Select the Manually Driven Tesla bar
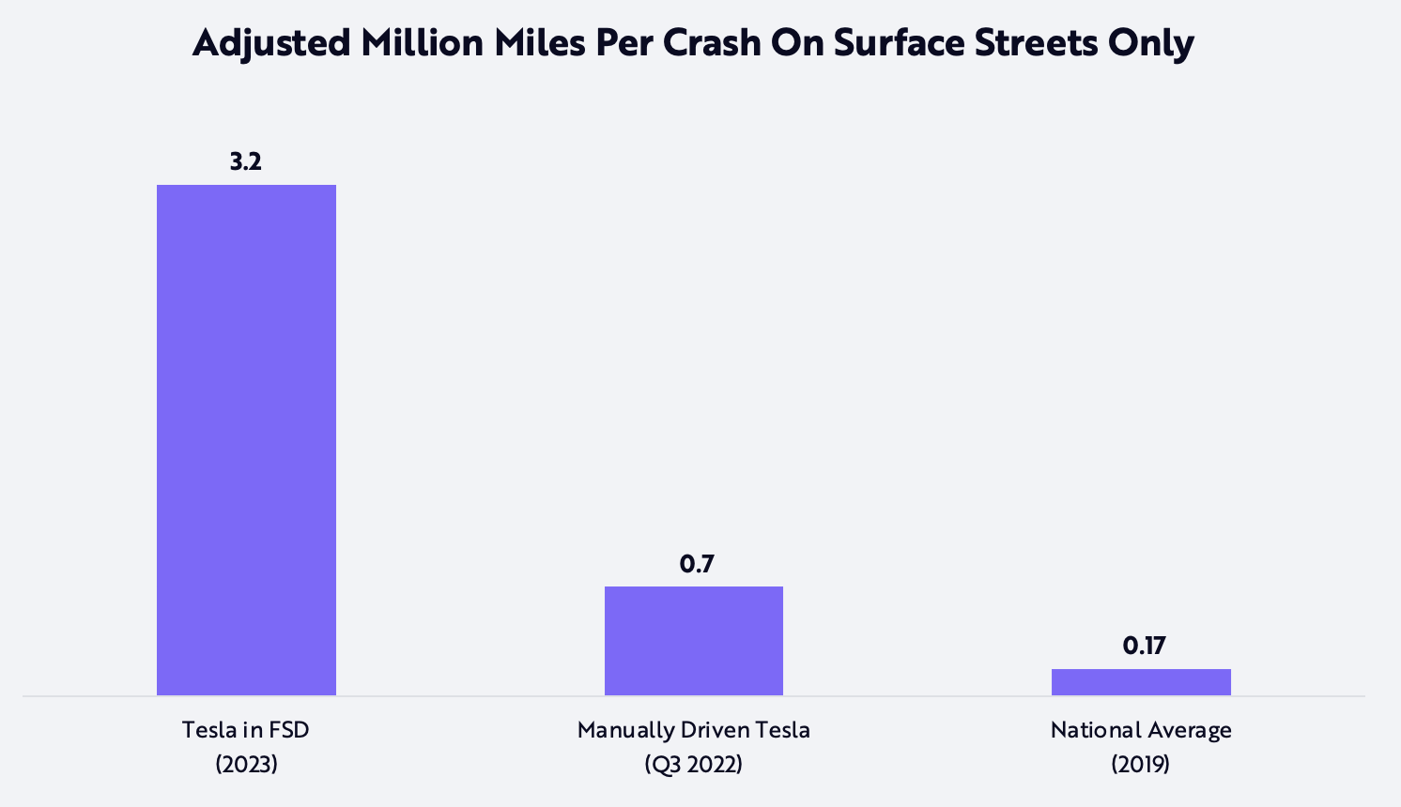pyautogui.click(x=693, y=641)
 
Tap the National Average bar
pyautogui.click(x=1141, y=682)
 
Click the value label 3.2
pyautogui.click(x=246, y=162)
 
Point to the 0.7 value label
pyautogui.click(x=697, y=564)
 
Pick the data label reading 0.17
pyautogui.click(x=1144, y=646)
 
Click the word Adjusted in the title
pyautogui.click(x=270, y=43)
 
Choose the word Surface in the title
pyautogui.click(x=898, y=43)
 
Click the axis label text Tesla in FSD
pyautogui.click(x=246, y=730)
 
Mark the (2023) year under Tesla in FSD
pyautogui.click(x=246, y=764)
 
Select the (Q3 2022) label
pyautogui.click(x=693, y=764)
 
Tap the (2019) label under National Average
pyautogui.click(x=1141, y=764)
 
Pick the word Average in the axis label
pyautogui.click(x=1188, y=730)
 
